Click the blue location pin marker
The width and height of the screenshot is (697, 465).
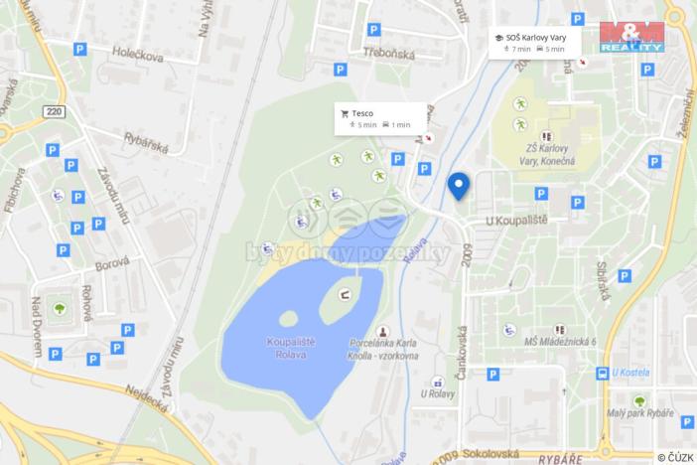(458, 186)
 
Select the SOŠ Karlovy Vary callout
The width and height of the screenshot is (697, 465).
(528, 42)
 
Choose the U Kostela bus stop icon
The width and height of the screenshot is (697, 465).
(602, 373)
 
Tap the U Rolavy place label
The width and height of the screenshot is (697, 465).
(437, 393)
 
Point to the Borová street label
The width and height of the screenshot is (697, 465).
(108, 267)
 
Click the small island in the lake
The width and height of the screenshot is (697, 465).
(289, 319)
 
